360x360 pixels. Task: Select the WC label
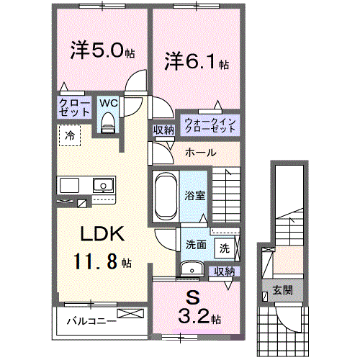[x=108, y=103]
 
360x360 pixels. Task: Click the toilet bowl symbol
[x=108, y=124]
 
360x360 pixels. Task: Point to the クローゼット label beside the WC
[x=74, y=108]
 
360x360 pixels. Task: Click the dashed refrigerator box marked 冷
[x=71, y=135]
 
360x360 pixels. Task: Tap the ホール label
[x=198, y=153]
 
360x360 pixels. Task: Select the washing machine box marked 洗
[x=224, y=248]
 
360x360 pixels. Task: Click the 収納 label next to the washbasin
[x=224, y=271]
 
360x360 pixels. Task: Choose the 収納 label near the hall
[x=163, y=130]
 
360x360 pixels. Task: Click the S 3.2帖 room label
[x=195, y=306]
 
